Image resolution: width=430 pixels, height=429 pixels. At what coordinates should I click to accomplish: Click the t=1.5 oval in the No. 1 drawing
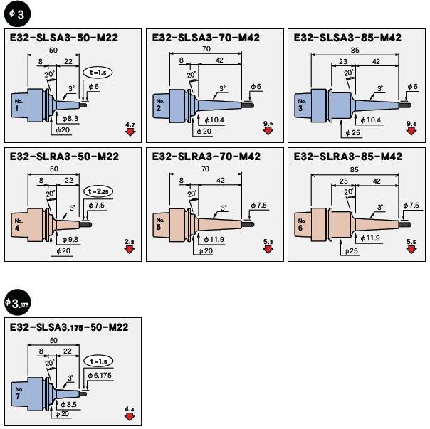[98, 73]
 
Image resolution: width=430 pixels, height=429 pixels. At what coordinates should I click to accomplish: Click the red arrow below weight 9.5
[268, 133]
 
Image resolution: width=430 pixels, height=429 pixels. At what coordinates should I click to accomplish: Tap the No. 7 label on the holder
[19, 391]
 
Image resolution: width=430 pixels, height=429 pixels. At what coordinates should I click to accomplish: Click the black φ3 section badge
[16, 14]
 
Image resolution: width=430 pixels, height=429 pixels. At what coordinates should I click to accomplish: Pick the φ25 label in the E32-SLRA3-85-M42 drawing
[352, 251]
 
